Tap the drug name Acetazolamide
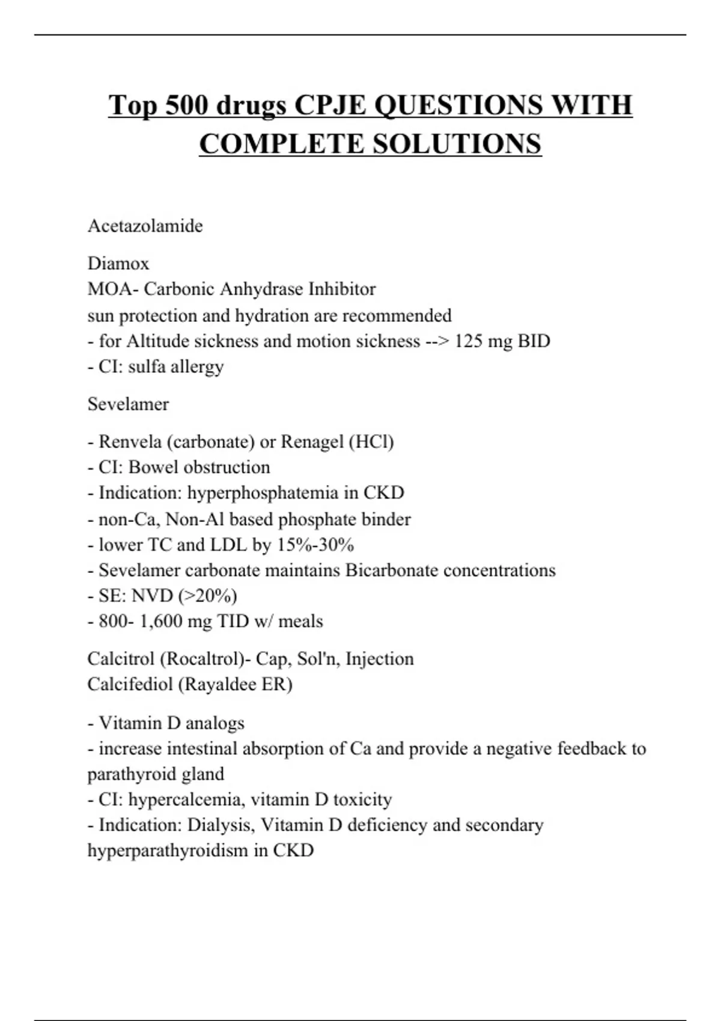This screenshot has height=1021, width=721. point(145,226)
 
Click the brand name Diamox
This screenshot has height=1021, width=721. point(118,263)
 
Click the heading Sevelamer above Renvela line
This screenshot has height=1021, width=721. point(128,404)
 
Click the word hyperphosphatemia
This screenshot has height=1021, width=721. point(263,493)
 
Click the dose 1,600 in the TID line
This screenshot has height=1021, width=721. point(161,621)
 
